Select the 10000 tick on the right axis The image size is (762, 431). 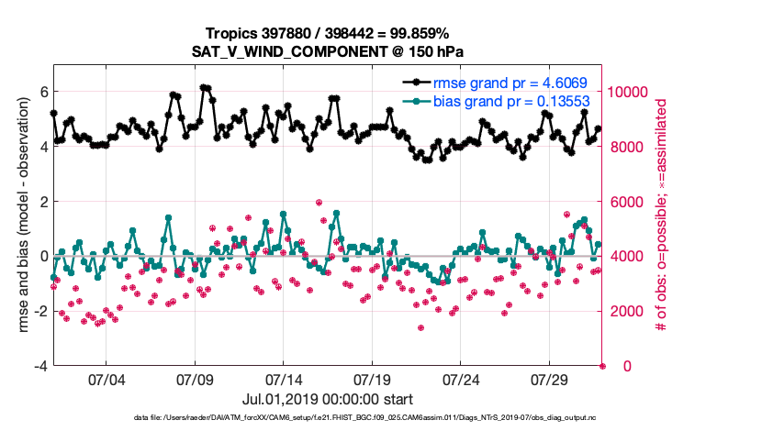(x=629, y=92)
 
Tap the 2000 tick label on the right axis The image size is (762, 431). (x=624, y=311)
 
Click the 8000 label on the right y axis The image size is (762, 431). (x=624, y=147)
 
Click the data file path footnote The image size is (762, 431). (x=380, y=419)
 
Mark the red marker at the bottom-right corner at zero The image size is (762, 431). (x=603, y=366)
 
